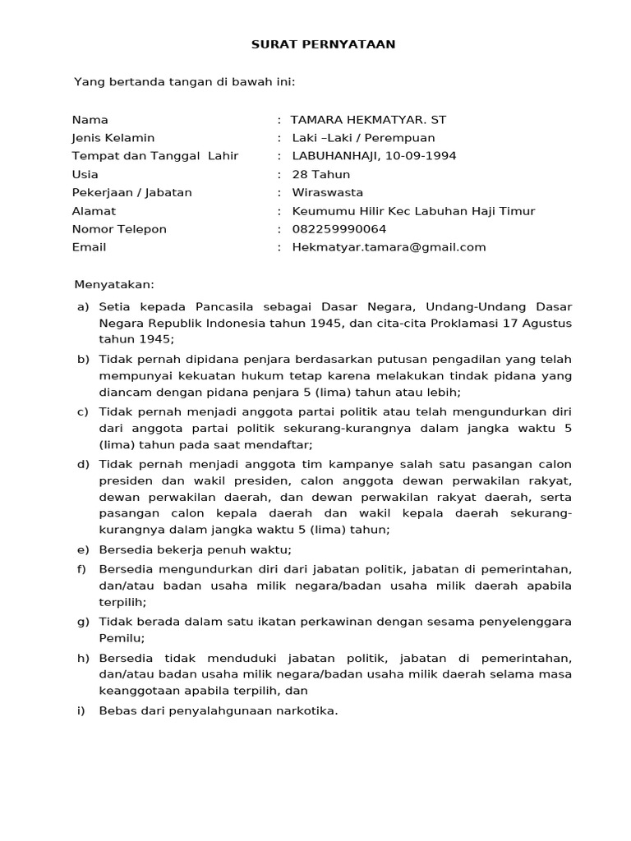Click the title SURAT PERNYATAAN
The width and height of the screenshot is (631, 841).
pyautogui.click(x=323, y=44)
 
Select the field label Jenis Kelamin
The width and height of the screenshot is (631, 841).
pyautogui.click(x=113, y=138)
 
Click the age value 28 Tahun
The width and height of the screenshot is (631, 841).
pyautogui.click(x=320, y=174)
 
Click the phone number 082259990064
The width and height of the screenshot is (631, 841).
pyautogui.click(x=339, y=229)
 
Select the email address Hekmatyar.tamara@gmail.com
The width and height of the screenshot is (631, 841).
pyautogui.click(x=389, y=247)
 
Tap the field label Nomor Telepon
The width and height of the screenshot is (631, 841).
pyautogui.click(x=119, y=229)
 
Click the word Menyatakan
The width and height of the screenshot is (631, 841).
pyautogui.click(x=114, y=284)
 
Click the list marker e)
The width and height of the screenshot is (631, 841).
pyautogui.click(x=82, y=549)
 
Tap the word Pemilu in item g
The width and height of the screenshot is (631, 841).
pyautogui.click(x=121, y=638)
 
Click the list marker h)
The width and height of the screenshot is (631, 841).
pyautogui.click(x=83, y=658)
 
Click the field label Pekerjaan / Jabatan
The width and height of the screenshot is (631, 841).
pyautogui.click(x=131, y=192)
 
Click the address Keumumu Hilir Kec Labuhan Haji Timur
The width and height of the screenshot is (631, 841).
pyautogui.click(x=413, y=211)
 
